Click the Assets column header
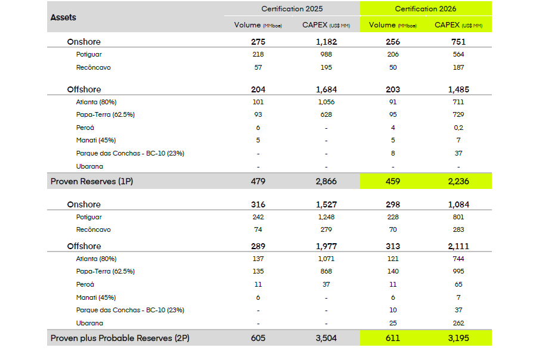[x=64, y=17]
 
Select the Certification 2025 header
[x=292, y=9]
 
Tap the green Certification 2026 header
[x=425, y=9]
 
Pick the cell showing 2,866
[x=326, y=181]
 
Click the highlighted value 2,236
[x=459, y=181]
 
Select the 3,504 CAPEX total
[x=326, y=338]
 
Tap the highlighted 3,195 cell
[x=459, y=338]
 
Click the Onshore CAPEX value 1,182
[x=326, y=42]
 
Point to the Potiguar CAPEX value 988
[x=326, y=54]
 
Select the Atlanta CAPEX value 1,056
[x=326, y=101]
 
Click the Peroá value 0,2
[x=459, y=127]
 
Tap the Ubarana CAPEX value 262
[x=459, y=322]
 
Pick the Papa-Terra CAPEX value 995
[x=459, y=271]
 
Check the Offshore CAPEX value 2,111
[x=459, y=246]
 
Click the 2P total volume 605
[x=258, y=338]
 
